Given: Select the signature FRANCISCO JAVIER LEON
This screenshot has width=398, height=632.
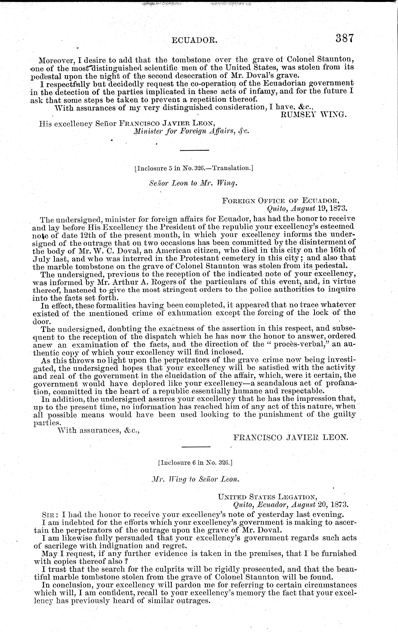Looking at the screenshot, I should [291, 437].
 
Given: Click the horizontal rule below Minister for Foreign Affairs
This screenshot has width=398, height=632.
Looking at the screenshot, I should [194, 150].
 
